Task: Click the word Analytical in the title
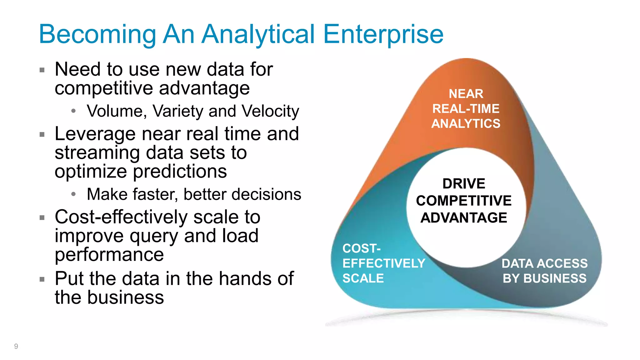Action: coord(258,34)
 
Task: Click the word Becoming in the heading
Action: coord(97,34)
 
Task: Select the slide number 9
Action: coord(16,346)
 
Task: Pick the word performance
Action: coord(109,254)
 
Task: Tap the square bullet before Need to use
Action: coord(42,70)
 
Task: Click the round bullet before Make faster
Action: coord(73,194)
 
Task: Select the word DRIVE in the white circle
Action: coord(464,184)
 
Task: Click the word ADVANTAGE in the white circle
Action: coord(464,218)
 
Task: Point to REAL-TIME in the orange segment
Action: coord(466,109)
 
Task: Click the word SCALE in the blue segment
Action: coord(363,278)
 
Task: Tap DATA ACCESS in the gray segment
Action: coord(544,263)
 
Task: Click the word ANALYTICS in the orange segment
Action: coord(466,124)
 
